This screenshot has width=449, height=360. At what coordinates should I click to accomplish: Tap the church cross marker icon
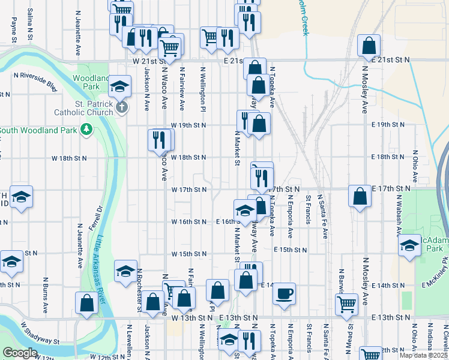122,108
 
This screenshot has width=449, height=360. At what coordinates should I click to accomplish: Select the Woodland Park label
86,82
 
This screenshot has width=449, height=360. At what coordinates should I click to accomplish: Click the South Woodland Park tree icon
87,130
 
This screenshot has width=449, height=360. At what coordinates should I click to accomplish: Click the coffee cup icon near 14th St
284,293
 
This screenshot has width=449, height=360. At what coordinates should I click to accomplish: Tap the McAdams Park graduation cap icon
409,245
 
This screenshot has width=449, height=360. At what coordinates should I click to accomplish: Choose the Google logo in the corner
20,353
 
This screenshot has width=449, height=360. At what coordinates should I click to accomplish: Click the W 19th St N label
188,125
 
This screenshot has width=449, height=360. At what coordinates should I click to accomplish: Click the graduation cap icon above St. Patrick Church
120,87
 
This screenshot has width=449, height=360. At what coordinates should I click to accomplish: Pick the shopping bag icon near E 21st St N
369,45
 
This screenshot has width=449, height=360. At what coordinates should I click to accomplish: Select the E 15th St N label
291,249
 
